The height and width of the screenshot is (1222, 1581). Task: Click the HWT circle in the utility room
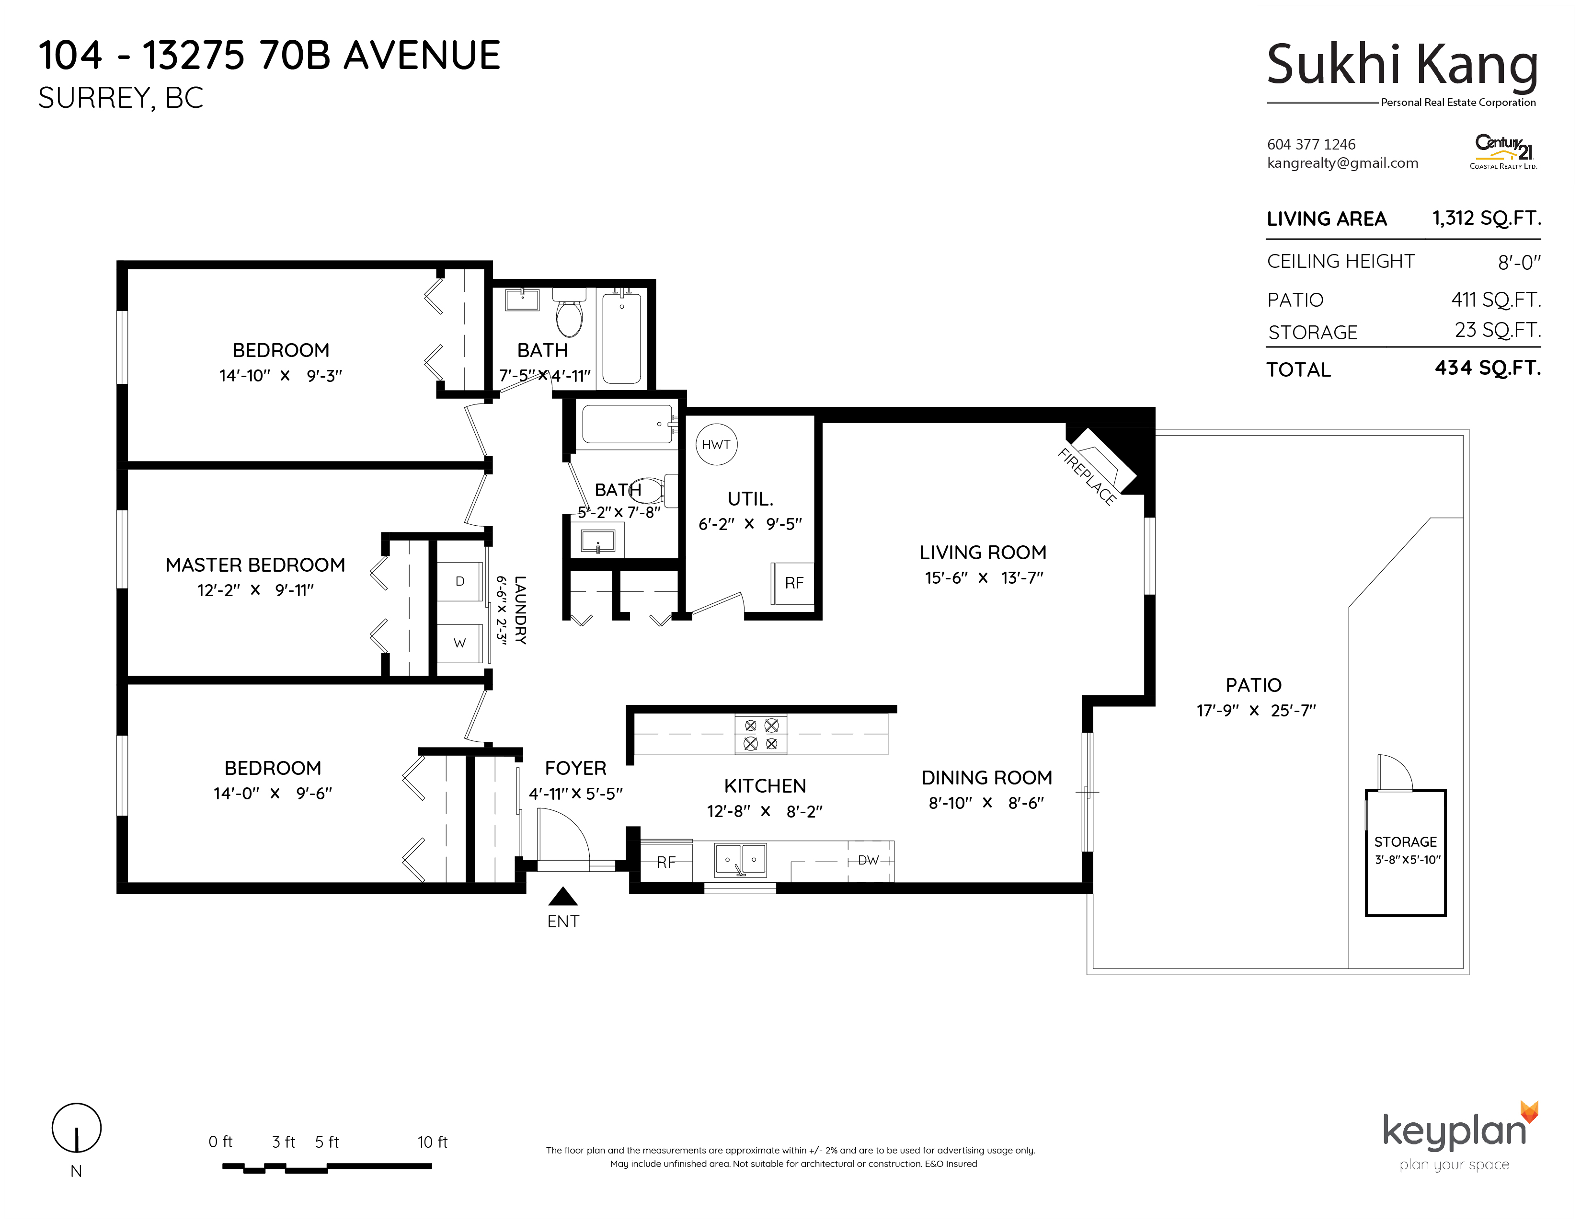click(x=716, y=445)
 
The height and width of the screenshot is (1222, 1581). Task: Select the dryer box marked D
click(x=459, y=581)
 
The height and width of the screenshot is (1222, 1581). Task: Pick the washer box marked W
click(x=459, y=643)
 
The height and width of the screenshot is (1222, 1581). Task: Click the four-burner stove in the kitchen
click(x=761, y=734)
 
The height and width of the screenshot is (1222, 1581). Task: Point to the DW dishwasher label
click(x=868, y=860)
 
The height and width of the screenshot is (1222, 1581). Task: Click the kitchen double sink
click(x=741, y=860)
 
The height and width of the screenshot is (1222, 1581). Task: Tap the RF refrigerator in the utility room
click(x=793, y=584)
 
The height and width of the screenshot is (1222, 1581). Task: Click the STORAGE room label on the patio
click(x=1405, y=842)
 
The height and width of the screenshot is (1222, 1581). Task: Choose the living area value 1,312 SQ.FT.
click(x=1486, y=218)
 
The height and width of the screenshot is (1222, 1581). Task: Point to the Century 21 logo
click(x=1503, y=151)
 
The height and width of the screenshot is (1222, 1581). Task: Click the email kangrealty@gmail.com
click(x=1342, y=163)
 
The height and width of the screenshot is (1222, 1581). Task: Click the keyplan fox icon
click(x=1529, y=1112)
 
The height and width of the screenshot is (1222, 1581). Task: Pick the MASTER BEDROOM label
click(x=255, y=565)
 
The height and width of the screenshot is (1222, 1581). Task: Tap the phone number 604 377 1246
click(x=1311, y=144)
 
